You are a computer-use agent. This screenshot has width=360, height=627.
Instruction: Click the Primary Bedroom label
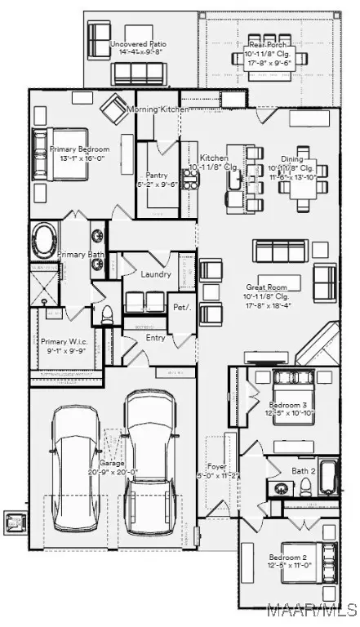pos(74,150)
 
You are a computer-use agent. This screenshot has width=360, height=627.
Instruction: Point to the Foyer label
pos(217,467)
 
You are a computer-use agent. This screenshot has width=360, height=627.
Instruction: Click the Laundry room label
pos(156,274)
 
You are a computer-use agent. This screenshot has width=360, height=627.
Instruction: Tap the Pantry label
pos(157,176)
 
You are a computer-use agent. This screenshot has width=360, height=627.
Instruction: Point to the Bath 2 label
pos(304,471)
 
